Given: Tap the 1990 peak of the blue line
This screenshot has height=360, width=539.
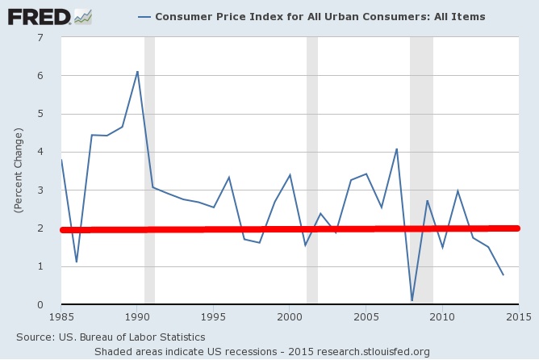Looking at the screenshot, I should click(137, 71).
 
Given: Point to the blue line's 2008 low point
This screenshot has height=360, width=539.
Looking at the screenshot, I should click(412, 301).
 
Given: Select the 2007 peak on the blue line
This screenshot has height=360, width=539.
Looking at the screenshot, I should click(397, 149).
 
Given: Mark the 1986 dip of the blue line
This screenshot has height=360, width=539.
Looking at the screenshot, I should click(76, 262).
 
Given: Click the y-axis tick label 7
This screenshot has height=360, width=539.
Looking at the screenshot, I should click(40, 37).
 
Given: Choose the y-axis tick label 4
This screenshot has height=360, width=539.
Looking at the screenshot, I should click(40, 152).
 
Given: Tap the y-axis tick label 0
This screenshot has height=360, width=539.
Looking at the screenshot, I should click(40, 304).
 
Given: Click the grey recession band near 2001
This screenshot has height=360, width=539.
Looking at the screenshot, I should click(312, 121).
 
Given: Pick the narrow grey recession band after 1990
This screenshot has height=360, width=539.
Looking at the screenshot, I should click(149, 121).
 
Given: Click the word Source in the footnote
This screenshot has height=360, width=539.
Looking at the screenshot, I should click(36, 336).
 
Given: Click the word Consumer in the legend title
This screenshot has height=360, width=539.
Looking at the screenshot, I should click(182, 16).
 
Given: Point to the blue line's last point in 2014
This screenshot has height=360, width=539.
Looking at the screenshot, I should click(503, 275).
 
